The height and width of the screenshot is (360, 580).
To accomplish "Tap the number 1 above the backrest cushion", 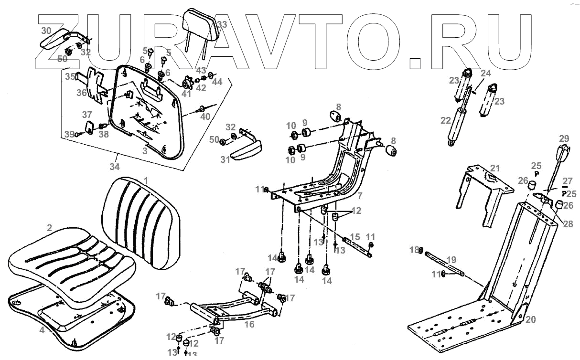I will click(x=146, y=180).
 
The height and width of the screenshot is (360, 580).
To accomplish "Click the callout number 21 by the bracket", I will click(x=494, y=168).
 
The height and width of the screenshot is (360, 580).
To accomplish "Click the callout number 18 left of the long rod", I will click(x=414, y=249).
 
